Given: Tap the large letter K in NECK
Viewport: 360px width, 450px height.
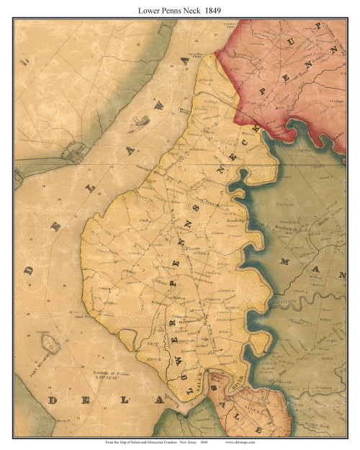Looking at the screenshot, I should pyautogui.click(x=255, y=130).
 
